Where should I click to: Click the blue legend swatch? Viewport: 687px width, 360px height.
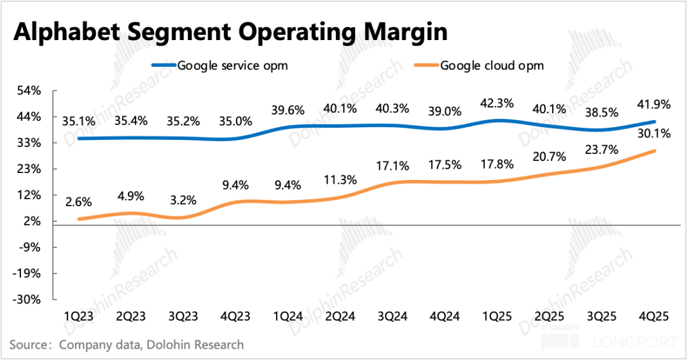point(163,65)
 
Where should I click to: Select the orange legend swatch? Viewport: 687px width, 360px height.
point(426,65)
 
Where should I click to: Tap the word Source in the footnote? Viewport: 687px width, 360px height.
point(28,345)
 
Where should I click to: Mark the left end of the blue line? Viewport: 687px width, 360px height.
point(78,138)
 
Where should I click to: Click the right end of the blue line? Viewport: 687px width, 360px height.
point(655,121)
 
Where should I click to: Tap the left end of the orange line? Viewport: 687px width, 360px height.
point(78,219)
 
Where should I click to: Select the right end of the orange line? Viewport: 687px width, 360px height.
point(655,151)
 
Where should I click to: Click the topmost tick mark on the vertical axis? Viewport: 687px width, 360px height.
point(55,91)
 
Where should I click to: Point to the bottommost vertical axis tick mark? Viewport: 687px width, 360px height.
point(55,299)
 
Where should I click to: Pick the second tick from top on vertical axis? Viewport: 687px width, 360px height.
point(55,117)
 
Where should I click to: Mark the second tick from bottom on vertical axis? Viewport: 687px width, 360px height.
point(55,273)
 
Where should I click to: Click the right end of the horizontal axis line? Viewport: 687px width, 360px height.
point(680,225)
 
